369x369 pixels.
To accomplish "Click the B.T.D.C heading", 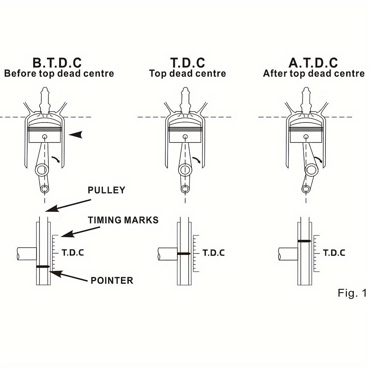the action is pos(57,63).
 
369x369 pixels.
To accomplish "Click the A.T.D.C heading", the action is pos(313,63).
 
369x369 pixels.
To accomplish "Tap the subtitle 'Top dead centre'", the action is pos(187,73).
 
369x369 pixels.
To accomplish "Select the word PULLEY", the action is pos(106,190).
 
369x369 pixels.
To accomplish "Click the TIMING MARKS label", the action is pos(123,220).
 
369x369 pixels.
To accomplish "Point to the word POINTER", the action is pos(112,280).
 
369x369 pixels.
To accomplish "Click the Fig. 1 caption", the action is pos(352,293).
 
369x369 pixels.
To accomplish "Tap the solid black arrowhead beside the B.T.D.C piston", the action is pos(76,134).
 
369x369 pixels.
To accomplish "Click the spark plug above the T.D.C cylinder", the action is pos(185,100).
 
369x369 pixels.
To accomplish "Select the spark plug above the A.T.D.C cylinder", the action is pos(306,100).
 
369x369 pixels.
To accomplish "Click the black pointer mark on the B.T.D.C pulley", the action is pos(43,267).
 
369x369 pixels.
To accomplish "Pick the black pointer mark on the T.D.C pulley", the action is pos(184,254).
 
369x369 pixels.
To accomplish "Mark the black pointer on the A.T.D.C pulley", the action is pos(304,241).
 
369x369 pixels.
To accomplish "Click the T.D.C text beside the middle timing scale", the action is pos(214,253).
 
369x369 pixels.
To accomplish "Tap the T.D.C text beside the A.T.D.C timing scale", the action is pos(334,253).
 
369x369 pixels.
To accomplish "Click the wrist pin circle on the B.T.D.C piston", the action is pos(45,137).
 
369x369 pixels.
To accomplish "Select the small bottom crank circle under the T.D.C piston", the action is pos(185,189).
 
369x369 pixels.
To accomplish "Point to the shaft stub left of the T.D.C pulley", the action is pos(167,254).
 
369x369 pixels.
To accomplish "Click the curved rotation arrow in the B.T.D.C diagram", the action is pos(56,159).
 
